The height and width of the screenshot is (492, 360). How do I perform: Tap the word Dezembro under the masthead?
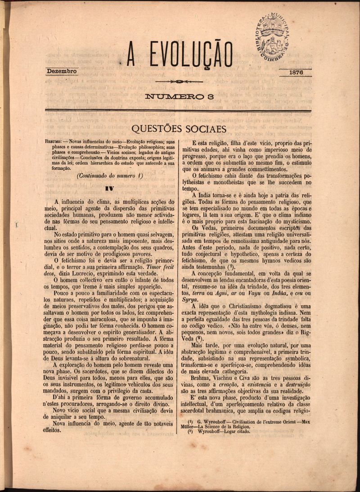62,71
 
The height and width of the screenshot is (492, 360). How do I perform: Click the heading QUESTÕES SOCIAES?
179,129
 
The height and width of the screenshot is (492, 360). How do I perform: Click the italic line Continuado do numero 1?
110,176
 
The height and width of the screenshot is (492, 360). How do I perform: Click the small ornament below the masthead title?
179,81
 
